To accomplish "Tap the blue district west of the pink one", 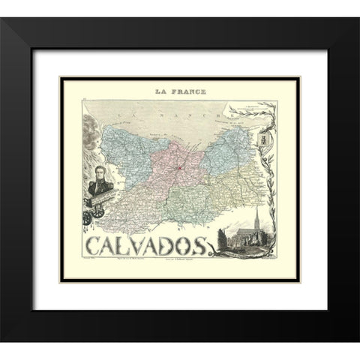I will tap(135, 146).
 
